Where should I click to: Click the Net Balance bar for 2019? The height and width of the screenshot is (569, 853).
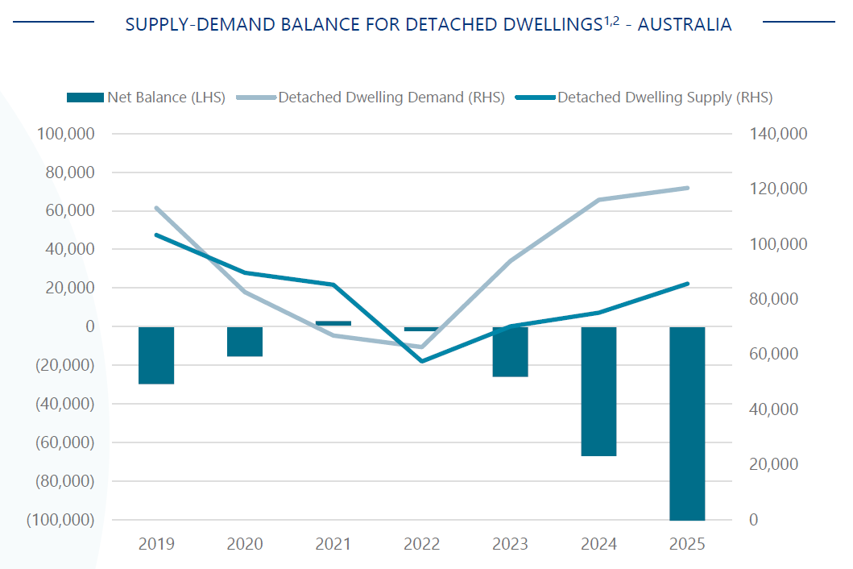[156, 355]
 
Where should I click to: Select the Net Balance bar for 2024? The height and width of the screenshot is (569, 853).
[598, 391]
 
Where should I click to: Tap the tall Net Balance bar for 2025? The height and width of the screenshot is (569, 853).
[687, 423]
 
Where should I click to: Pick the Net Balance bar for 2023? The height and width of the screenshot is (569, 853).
[510, 351]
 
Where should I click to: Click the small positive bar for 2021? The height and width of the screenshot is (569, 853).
[333, 323]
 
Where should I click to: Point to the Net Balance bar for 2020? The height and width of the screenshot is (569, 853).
[245, 341]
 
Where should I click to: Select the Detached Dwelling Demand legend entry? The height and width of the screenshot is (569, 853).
[379, 98]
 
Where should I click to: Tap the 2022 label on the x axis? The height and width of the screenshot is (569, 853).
[422, 544]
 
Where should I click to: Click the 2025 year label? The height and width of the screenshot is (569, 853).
[687, 544]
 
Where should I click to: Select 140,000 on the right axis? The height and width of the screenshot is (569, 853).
[778, 134]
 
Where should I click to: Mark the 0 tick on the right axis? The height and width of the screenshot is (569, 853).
[754, 520]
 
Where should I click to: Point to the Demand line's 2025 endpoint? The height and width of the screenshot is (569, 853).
[687, 188]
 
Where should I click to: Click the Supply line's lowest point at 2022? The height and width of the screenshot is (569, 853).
[422, 361]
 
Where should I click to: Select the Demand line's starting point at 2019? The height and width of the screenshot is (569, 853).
[156, 208]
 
